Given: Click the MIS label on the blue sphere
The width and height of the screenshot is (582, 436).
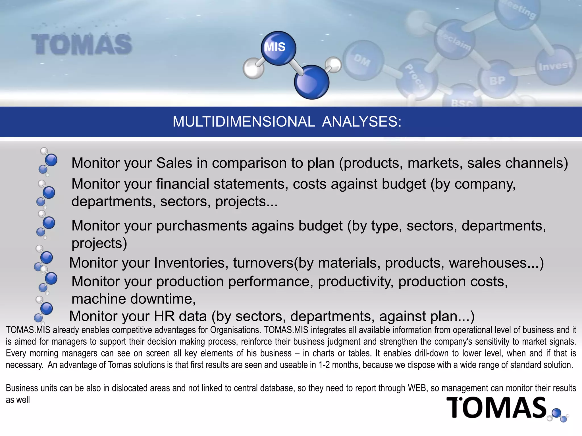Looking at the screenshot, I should [x=275, y=47].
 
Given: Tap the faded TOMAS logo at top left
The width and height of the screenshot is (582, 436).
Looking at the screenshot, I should [x=82, y=44].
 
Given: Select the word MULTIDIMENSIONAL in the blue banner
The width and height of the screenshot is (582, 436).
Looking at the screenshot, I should [x=244, y=122].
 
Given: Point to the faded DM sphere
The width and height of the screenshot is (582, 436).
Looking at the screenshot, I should [x=363, y=60].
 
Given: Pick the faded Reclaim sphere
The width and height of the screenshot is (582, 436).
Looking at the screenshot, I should [x=454, y=40].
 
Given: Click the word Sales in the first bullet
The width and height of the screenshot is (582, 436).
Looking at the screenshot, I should [x=174, y=163].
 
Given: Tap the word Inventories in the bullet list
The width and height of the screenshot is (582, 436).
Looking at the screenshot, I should [x=191, y=263].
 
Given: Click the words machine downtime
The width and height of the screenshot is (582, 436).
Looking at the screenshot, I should [x=133, y=299].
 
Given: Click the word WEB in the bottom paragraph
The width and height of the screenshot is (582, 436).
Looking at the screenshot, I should [x=417, y=388].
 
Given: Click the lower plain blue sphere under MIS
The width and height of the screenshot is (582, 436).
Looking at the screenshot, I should [x=311, y=82].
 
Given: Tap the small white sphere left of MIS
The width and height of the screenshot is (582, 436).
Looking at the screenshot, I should [x=253, y=68].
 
